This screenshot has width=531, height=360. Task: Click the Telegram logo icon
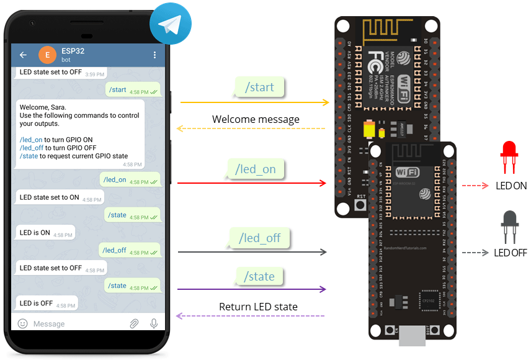pyautogui.click(x=170, y=24)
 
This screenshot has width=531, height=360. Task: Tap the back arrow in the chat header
pyautogui.click(x=24, y=55)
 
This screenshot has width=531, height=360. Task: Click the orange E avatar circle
pyautogui.click(x=47, y=55)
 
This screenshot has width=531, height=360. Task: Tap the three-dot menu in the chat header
pyautogui.click(x=154, y=55)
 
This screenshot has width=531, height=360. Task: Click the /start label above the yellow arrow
pyautogui.click(x=259, y=87)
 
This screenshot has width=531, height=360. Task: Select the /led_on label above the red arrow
pyautogui.click(x=256, y=169)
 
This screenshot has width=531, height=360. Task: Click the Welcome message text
pyautogui.click(x=256, y=119)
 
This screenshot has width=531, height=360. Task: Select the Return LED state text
pyautogui.click(x=258, y=307)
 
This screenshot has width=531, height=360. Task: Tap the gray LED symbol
pyautogui.click(x=510, y=225)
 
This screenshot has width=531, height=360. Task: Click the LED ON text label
pyautogui.click(x=511, y=186)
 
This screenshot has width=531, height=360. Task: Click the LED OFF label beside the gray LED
pyautogui.click(x=510, y=253)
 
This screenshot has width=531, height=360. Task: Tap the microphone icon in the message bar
pyautogui.click(x=154, y=323)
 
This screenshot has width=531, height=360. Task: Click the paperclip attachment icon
pyautogui.click(x=134, y=323)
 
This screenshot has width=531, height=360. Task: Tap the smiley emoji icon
pyautogui.click(x=23, y=323)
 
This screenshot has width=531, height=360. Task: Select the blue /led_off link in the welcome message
pyautogui.click(x=31, y=148)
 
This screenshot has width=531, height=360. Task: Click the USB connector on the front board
pyautogui.click(x=413, y=335)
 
